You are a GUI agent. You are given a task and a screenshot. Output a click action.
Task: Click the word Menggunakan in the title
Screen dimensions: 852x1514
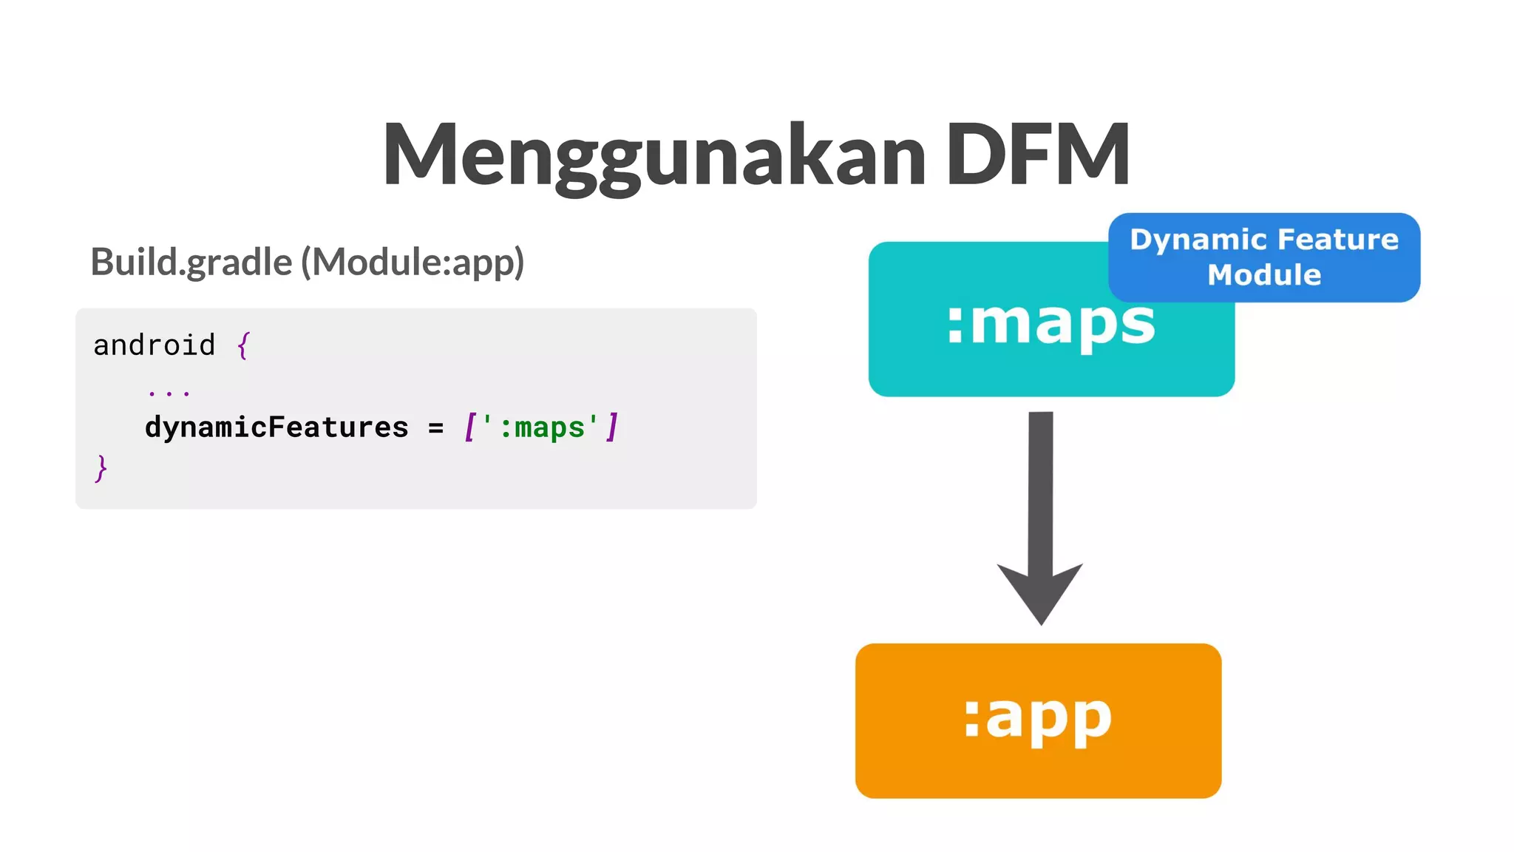[x=654, y=155]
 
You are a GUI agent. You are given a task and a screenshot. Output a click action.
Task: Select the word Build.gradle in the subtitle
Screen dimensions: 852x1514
[x=191, y=263]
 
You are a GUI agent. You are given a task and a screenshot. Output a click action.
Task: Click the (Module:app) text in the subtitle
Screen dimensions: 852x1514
[x=412, y=263]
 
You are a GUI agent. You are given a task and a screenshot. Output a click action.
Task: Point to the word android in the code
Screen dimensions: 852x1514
[x=155, y=345]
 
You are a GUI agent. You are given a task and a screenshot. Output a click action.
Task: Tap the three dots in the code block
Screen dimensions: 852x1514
[x=169, y=393]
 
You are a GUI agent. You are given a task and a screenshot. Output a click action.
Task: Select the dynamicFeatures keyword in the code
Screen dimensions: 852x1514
[x=276, y=427]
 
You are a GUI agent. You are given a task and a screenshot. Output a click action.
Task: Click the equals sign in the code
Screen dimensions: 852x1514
[x=436, y=428]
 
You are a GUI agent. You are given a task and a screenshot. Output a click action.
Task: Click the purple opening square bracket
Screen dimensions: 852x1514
[x=469, y=427]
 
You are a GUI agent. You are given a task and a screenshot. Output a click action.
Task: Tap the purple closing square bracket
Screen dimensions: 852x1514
[x=612, y=427]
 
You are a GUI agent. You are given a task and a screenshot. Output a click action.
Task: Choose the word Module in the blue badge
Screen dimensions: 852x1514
[x=1264, y=275]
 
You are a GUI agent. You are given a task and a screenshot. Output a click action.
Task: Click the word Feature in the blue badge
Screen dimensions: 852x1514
[x=1338, y=240]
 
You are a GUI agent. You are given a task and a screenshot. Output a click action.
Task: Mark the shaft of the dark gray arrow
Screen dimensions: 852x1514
[x=1041, y=488]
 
